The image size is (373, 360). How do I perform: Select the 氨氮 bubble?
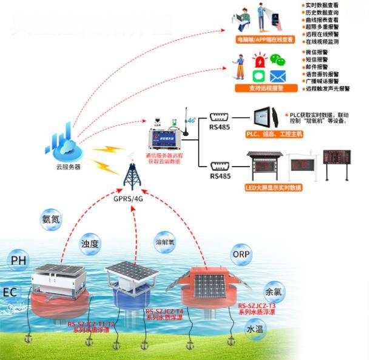(x=50, y=220)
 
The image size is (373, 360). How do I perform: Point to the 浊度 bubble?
(x=90, y=244)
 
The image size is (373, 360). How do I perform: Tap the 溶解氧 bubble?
(x=165, y=239)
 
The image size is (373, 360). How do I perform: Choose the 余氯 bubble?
(x=273, y=291)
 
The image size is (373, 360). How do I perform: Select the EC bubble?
(x=10, y=292)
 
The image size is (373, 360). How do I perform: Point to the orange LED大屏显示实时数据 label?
(x=273, y=187)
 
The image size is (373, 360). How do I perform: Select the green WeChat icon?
(x=277, y=60)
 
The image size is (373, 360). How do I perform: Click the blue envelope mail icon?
(x=277, y=77)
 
